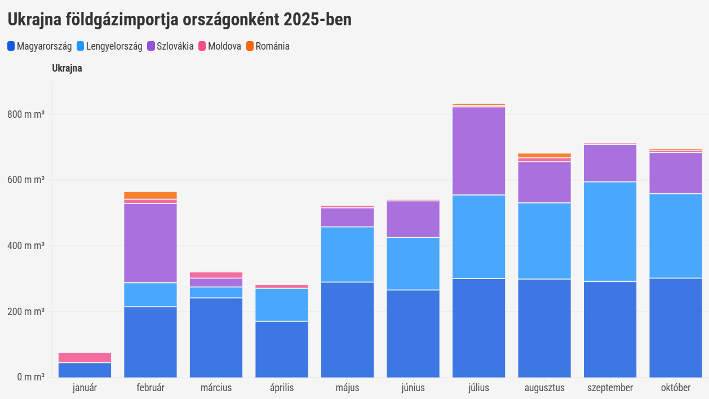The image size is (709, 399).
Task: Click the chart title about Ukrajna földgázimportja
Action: [x=179, y=20]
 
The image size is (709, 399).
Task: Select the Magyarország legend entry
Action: [x=39, y=46]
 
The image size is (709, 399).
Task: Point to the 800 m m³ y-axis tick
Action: [x=26, y=114]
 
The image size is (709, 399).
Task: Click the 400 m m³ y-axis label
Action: [x=26, y=246]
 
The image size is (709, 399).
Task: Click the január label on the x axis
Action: [x=85, y=388]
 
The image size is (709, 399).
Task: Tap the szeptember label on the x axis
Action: [x=610, y=388]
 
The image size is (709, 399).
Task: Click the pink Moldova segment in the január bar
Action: [x=85, y=357]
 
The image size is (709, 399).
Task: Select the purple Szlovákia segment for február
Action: [x=150, y=243]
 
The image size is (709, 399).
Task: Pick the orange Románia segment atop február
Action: [x=150, y=195]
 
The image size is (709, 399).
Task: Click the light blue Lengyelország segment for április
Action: [x=282, y=305]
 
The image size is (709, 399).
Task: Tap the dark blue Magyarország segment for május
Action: [x=347, y=330]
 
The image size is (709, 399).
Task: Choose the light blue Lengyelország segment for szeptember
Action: [x=610, y=232]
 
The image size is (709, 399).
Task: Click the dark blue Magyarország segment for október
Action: [x=676, y=327]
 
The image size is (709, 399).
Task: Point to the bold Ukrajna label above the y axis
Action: [x=67, y=69]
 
